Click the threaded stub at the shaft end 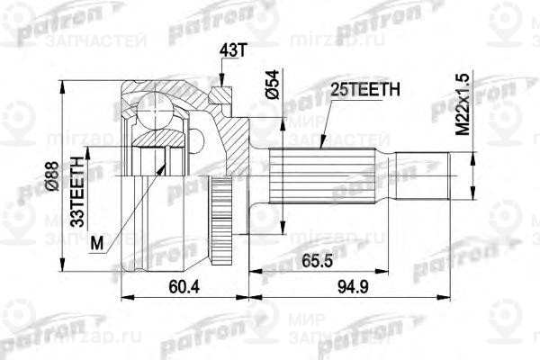point(460,175)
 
